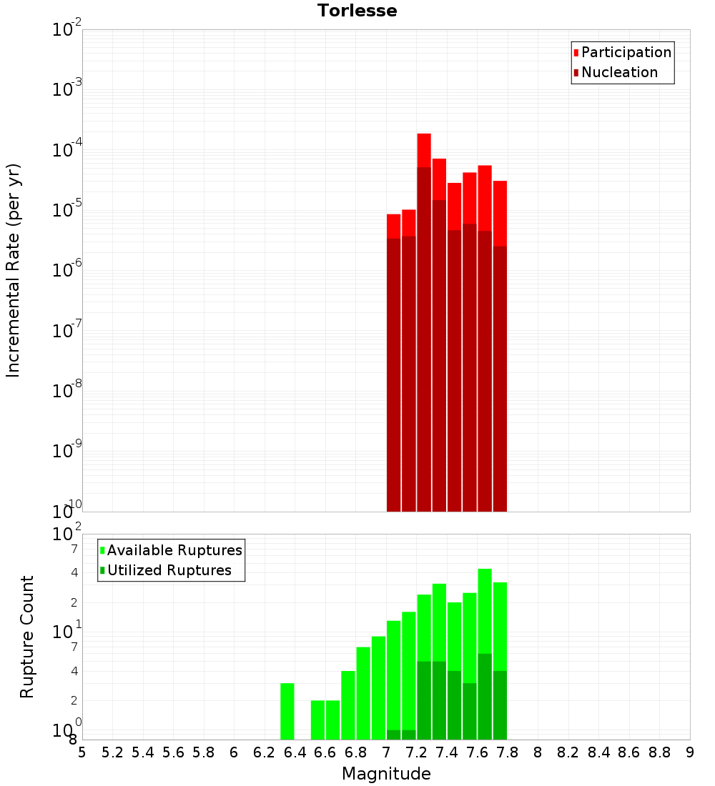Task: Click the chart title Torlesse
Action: click(x=357, y=11)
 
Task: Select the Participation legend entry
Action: click(x=626, y=52)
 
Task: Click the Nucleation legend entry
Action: click(x=619, y=72)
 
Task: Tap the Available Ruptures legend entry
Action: click(x=174, y=550)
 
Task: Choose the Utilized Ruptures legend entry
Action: click(x=169, y=570)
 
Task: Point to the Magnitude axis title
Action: click(x=386, y=774)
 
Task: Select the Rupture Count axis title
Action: click(x=27, y=637)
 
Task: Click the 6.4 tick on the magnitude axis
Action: click(x=295, y=752)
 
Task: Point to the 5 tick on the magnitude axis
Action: click(x=82, y=752)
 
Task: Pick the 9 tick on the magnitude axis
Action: click(x=690, y=752)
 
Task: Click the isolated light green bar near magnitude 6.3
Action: click(x=287, y=711)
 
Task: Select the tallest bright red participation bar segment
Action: click(x=424, y=149)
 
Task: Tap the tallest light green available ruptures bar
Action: click(x=485, y=611)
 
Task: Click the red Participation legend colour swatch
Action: click(x=576, y=52)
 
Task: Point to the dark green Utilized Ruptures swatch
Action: click(x=103, y=570)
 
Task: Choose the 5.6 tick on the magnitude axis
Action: click(x=173, y=752)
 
